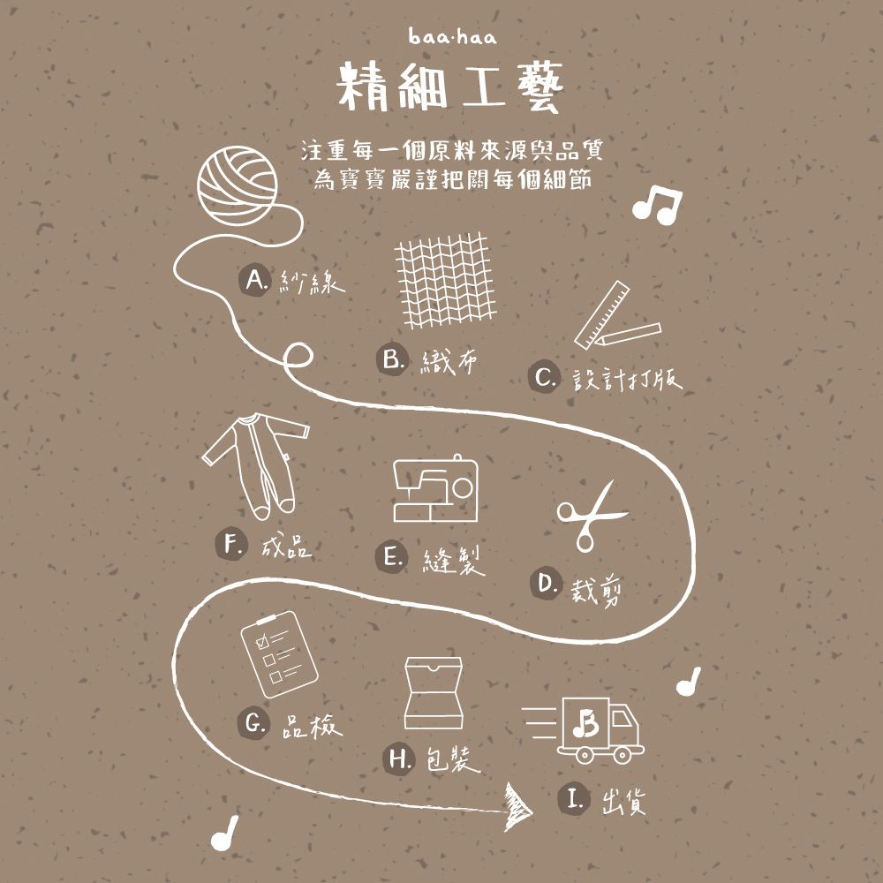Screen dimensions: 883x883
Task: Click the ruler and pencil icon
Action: click(x=615, y=317)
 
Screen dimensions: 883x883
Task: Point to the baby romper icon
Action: click(x=256, y=463)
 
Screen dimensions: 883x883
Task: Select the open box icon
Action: click(x=434, y=694)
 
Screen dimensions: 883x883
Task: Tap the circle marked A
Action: click(x=254, y=280)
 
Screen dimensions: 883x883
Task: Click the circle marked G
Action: click(x=254, y=724)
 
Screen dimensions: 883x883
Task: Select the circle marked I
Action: click(x=574, y=800)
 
